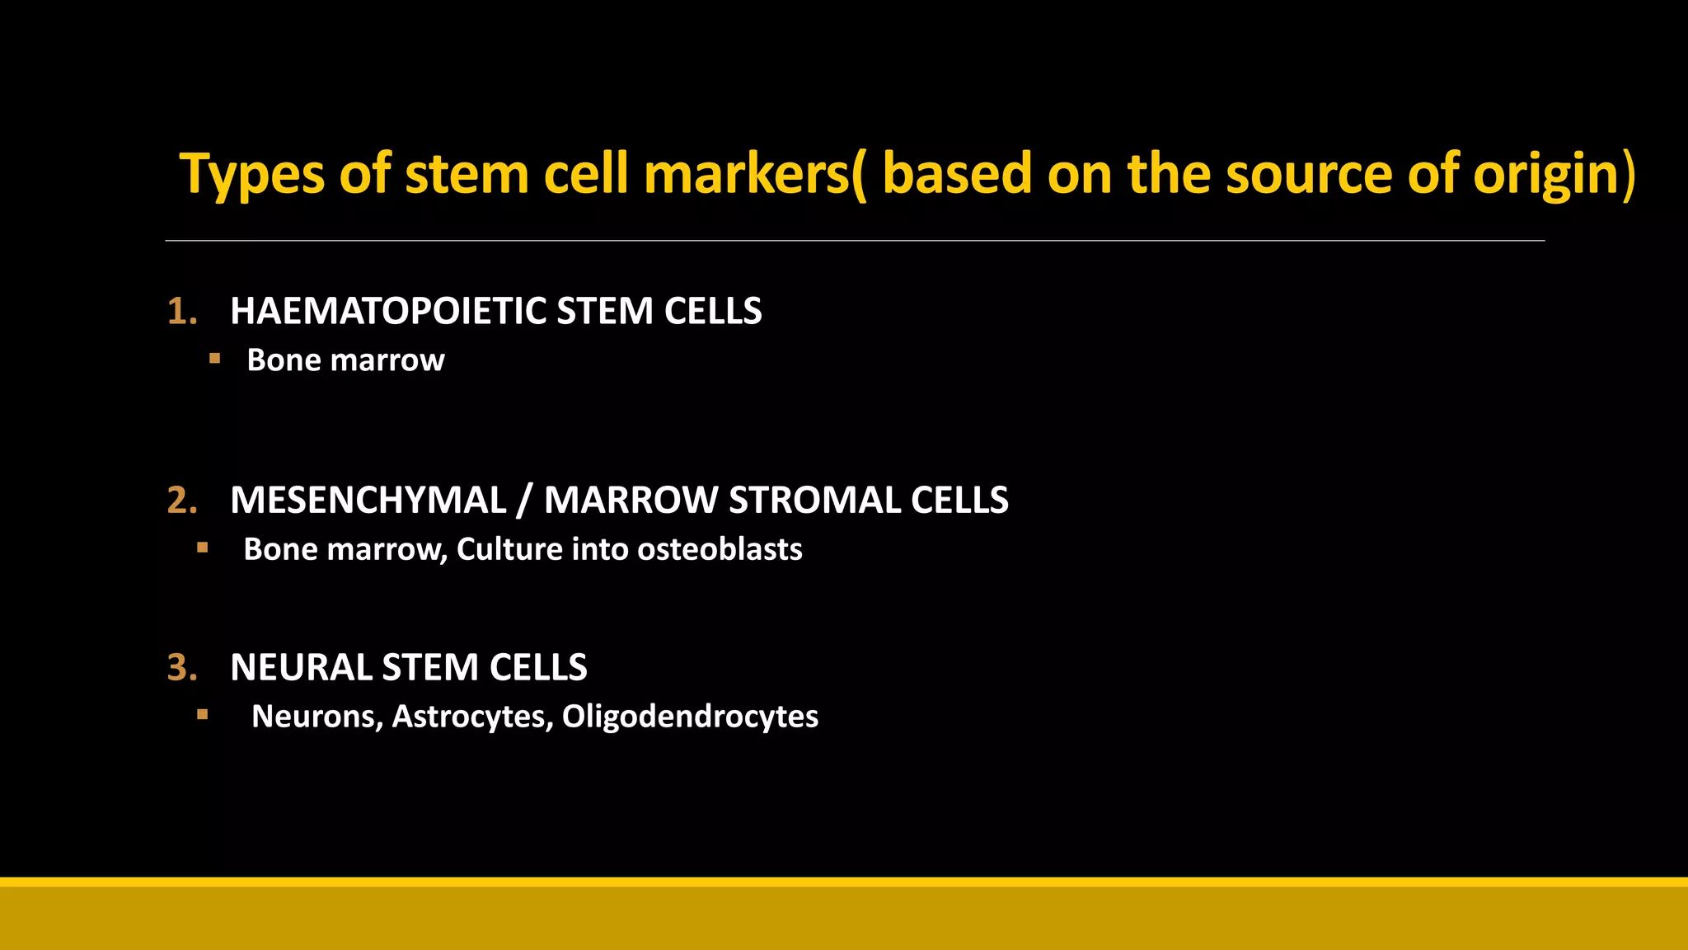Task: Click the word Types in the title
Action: click(252, 175)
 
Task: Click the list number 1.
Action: click(181, 312)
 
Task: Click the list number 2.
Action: click(181, 501)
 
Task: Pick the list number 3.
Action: click(181, 667)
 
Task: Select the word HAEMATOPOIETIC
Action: click(388, 312)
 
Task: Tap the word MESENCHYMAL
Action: click(368, 501)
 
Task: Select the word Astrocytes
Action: click(471, 717)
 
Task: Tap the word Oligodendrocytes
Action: click(690, 717)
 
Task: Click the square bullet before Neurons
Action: click(203, 715)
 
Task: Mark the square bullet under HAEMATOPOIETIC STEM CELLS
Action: click(214, 358)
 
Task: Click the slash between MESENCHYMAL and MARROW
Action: click(523, 501)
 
